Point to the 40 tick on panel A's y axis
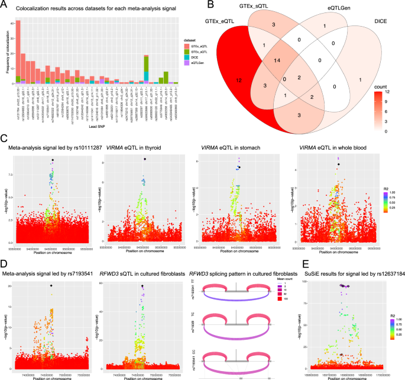(12, 22)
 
